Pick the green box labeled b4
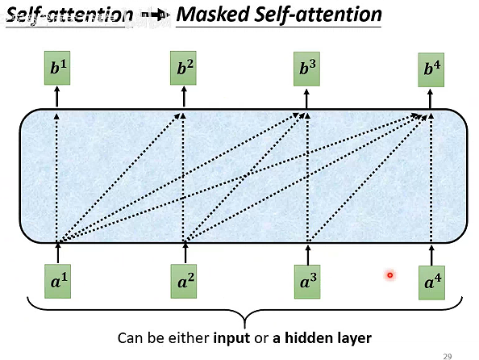tap(433, 70)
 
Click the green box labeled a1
tap(56, 283)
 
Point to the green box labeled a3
tap(307, 283)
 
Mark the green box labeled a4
tap(433, 283)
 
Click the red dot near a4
tap(389, 275)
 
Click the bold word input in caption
tap(230, 337)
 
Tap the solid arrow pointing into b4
tap(433, 98)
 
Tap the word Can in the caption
tap(130, 337)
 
